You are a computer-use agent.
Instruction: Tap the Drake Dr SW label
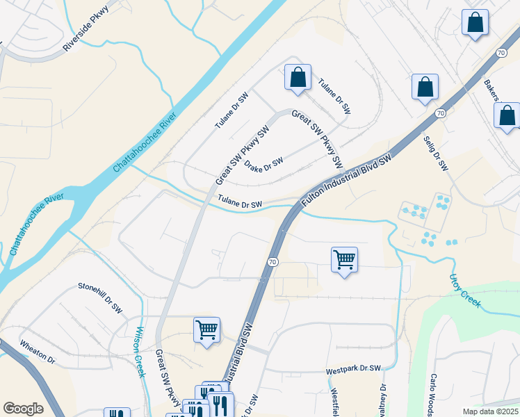click(x=264, y=163)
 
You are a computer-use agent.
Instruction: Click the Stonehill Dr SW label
click(x=100, y=297)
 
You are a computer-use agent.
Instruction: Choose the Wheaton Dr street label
click(x=37, y=352)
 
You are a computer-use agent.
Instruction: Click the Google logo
click(x=23, y=409)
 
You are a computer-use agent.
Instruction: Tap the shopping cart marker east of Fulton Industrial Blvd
click(x=345, y=261)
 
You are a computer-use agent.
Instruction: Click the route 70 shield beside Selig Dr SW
click(x=440, y=113)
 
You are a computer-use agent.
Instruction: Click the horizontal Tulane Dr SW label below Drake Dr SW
click(x=239, y=203)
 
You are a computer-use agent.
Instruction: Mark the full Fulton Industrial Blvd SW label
click(x=348, y=179)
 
